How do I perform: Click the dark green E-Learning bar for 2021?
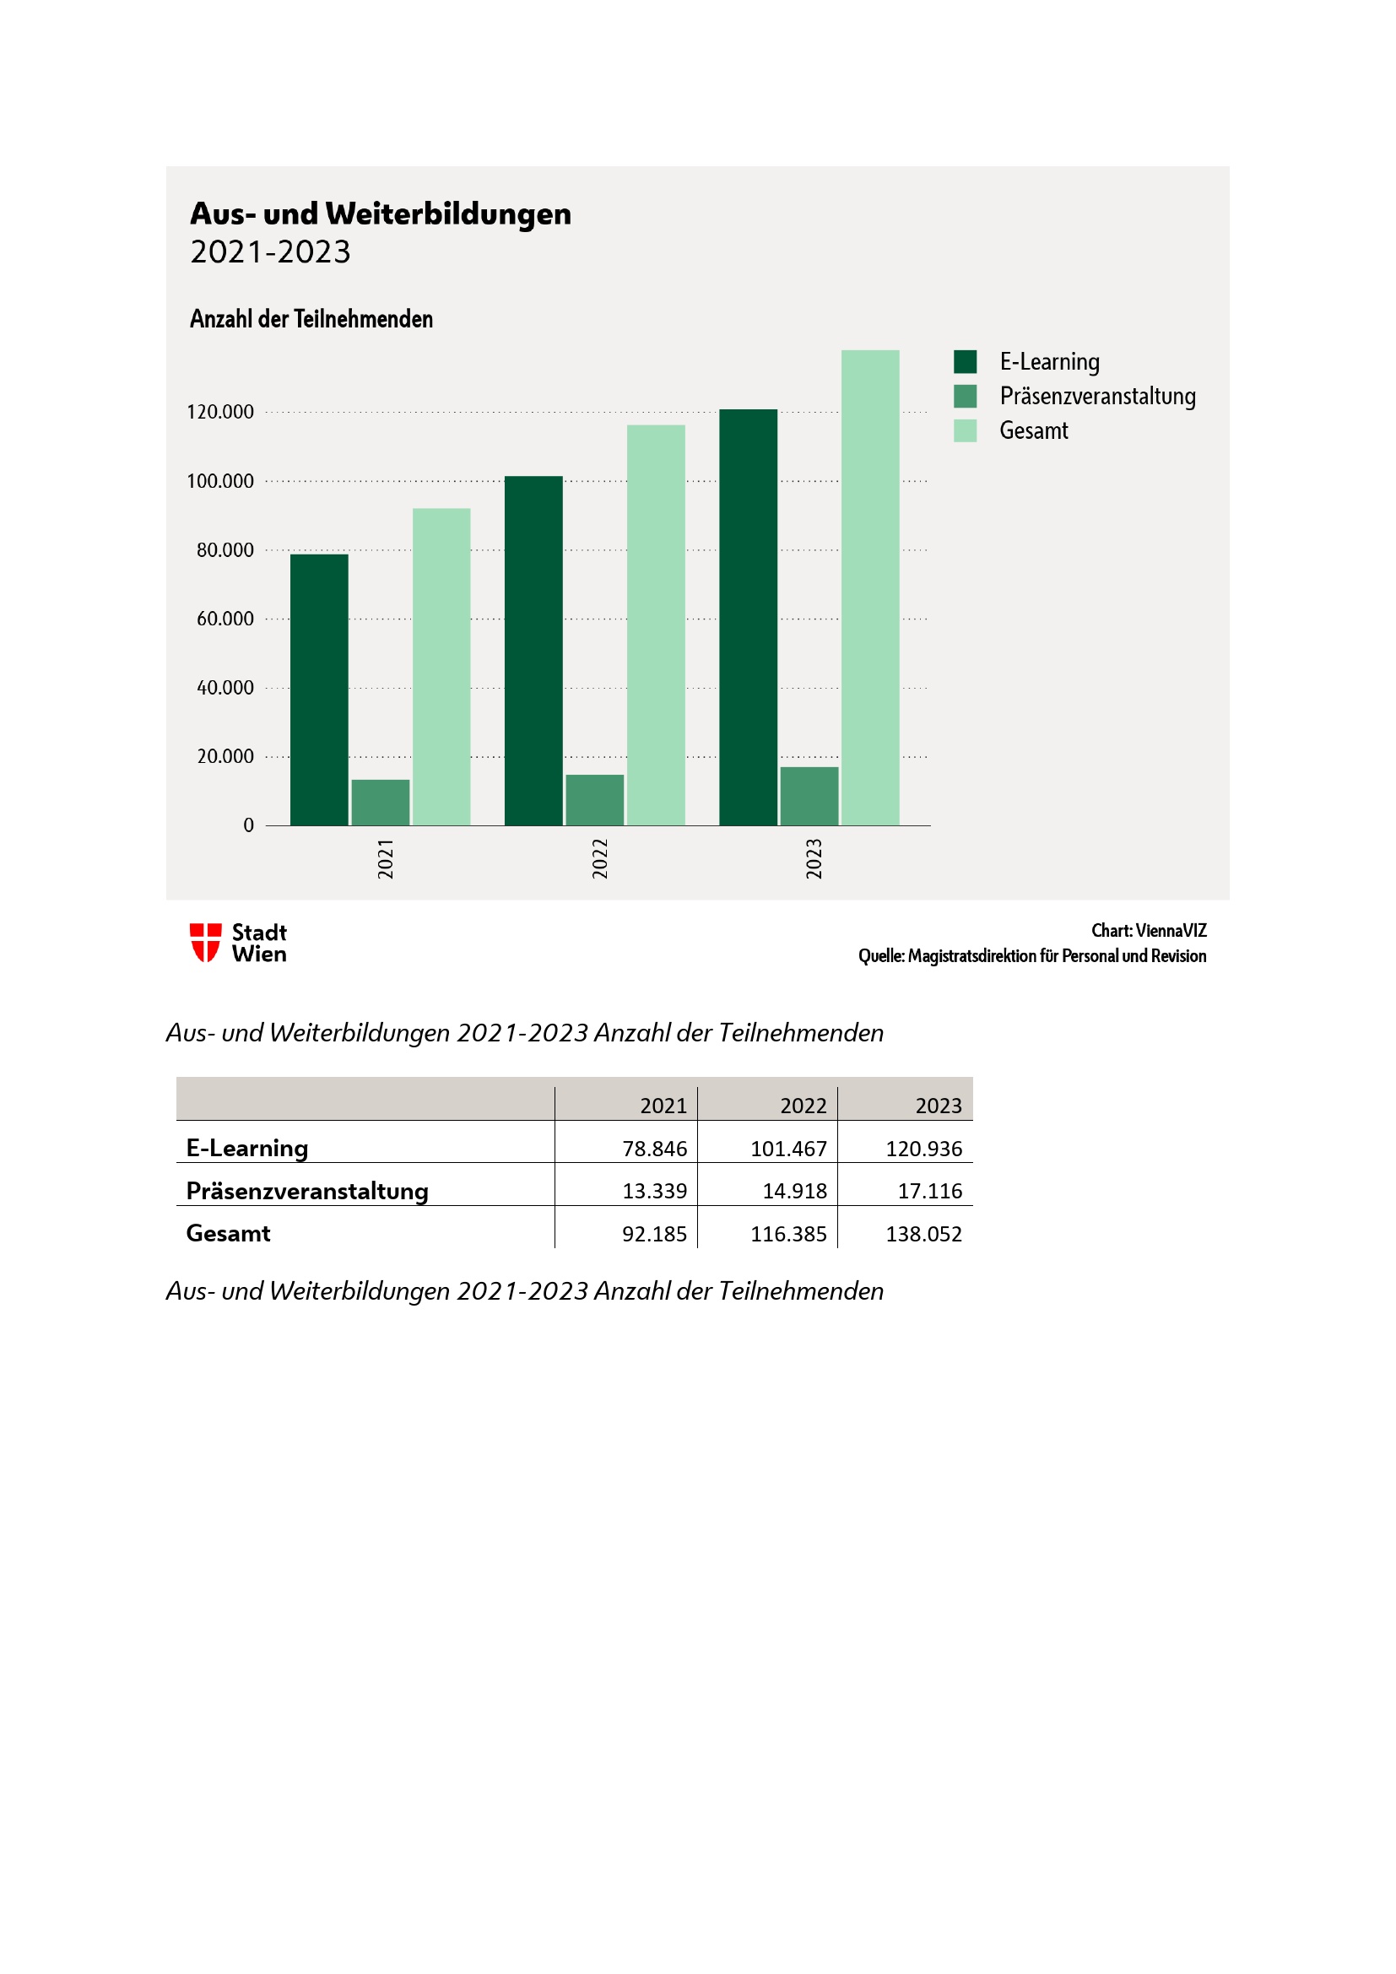click(319, 690)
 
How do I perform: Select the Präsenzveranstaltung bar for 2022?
click(594, 799)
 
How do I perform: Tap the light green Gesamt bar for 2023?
click(870, 587)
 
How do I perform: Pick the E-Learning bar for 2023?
click(748, 617)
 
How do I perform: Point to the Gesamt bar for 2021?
click(441, 667)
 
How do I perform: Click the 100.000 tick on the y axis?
click(220, 481)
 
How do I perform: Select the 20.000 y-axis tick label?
click(225, 756)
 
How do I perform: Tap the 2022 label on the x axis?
click(600, 858)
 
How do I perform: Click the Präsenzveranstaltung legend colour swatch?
click(965, 397)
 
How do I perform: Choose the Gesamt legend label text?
click(1033, 430)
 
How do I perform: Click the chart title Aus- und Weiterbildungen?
click(380, 214)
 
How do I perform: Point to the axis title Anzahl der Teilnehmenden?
click(311, 319)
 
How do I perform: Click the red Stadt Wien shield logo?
click(205, 943)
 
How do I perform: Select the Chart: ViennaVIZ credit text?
click(1149, 930)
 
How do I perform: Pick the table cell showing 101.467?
click(787, 1149)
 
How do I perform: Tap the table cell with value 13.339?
click(654, 1191)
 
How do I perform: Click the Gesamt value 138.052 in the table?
click(923, 1234)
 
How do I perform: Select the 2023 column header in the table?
click(938, 1106)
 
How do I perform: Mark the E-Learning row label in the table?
click(247, 1149)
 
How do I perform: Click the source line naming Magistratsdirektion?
click(1031, 956)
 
